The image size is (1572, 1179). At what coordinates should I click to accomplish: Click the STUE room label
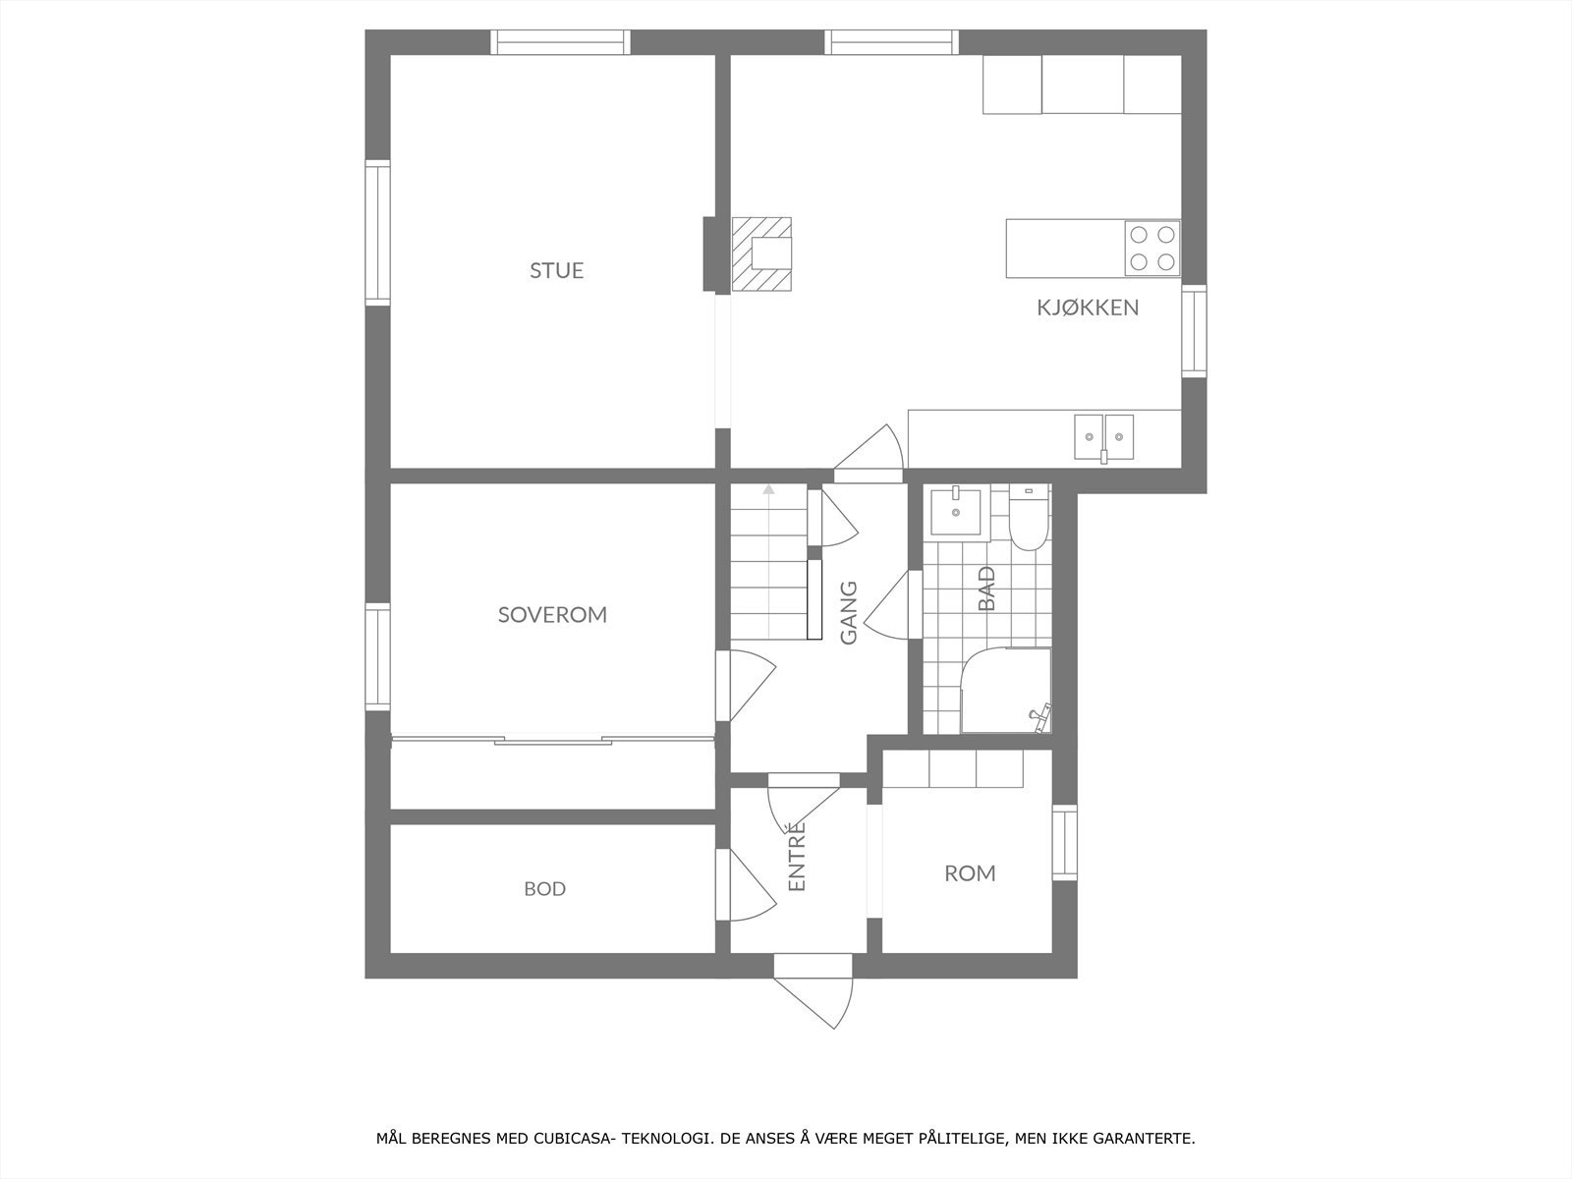pos(556,270)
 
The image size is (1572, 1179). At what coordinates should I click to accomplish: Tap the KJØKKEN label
pos(1088,308)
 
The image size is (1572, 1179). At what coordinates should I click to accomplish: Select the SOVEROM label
pos(552,615)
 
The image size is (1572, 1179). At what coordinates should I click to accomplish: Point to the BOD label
pos(544,889)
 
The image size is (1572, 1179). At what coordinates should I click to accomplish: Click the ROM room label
pos(970,873)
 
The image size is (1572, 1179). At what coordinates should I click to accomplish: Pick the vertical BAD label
pos(986,588)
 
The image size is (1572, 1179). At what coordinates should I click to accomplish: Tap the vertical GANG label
pos(849,613)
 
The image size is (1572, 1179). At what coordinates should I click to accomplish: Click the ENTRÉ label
pos(797,857)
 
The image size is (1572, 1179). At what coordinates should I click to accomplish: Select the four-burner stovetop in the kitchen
pos(1152,249)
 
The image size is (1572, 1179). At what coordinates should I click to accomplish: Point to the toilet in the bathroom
pos(1029,522)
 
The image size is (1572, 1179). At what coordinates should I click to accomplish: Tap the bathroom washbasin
pos(956,510)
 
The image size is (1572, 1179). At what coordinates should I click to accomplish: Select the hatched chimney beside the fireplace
pos(761,254)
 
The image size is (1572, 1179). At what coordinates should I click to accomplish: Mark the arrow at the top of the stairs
pos(768,488)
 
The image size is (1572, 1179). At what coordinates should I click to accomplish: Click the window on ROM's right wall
pos(1065,842)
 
